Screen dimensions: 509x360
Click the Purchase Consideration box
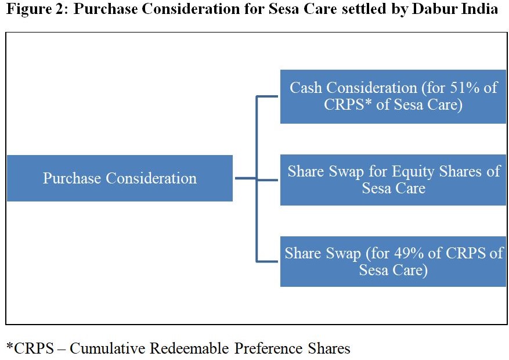pos(120,178)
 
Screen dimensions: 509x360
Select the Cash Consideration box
pos(393,96)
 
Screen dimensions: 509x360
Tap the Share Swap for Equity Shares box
pos(393,180)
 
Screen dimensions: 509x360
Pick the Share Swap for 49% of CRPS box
pos(393,261)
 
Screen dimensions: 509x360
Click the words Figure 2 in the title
pos(36,9)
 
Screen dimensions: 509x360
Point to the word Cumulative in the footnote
pos(107,348)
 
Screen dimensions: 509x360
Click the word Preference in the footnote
pos(269,348)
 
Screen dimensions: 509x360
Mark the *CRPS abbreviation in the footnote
pos(30,348)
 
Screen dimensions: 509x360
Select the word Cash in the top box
pos(306,88)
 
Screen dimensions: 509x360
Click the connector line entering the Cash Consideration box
pos(267,96)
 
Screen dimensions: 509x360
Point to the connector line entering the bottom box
pos(267,261)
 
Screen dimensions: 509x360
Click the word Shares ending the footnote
pos(329,348)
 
